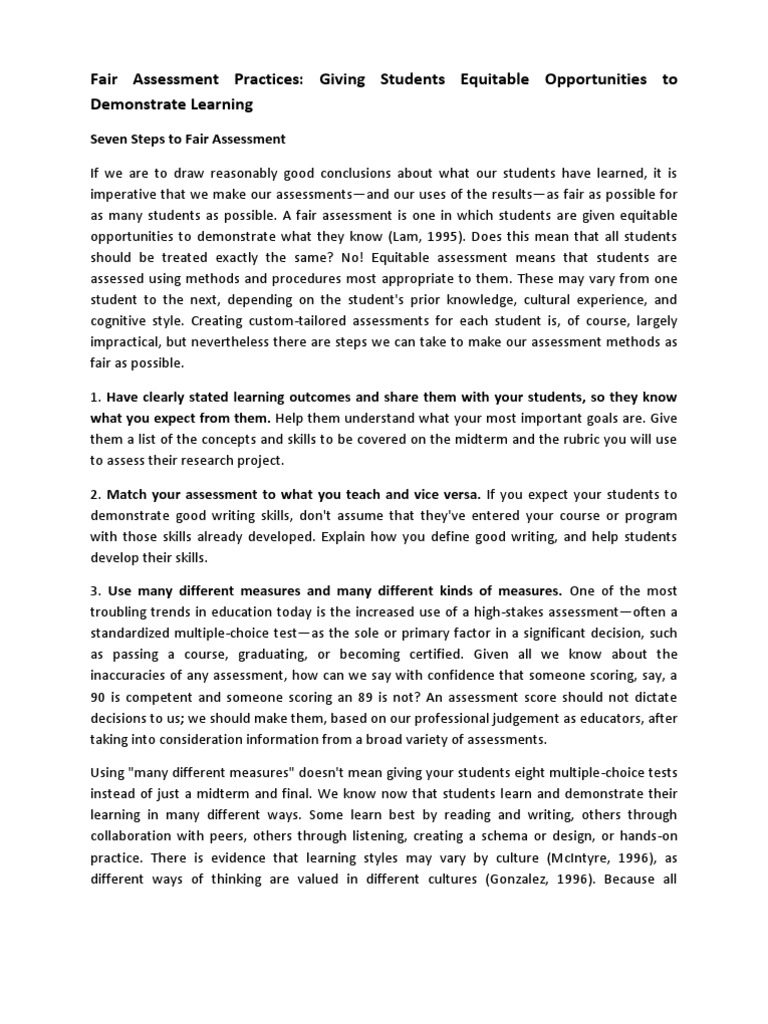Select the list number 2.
point(96,494)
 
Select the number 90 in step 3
point(99,698)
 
